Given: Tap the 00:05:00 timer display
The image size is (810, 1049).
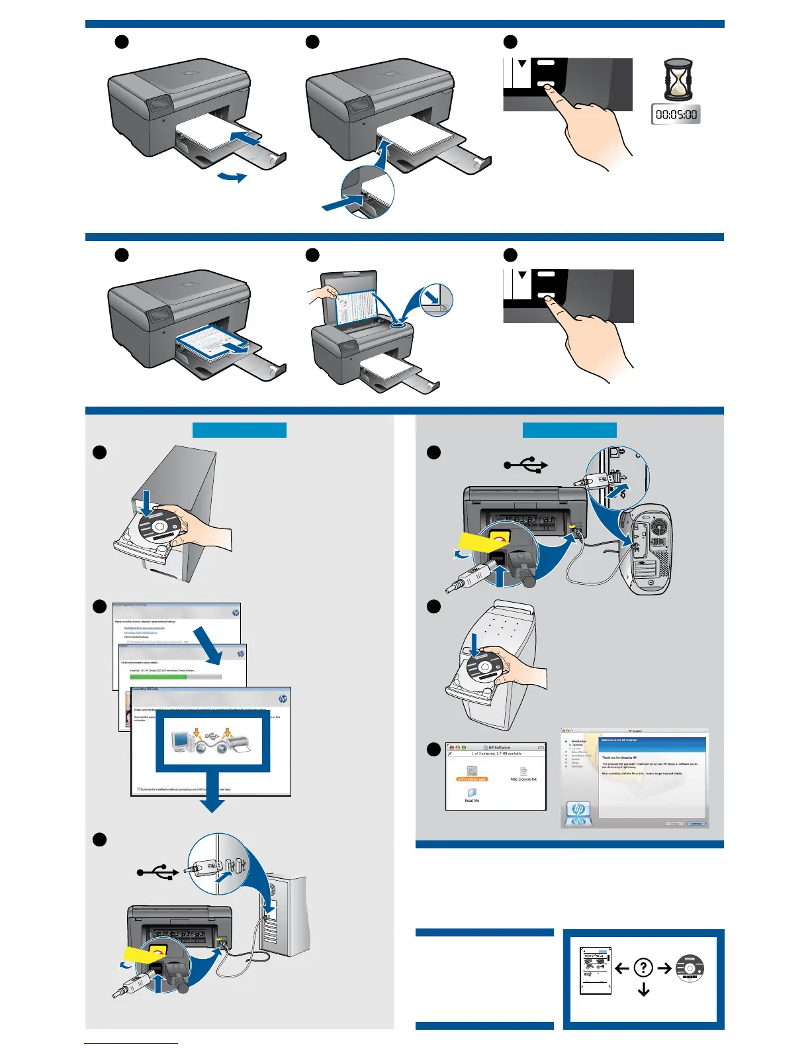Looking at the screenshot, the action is click(676, 115).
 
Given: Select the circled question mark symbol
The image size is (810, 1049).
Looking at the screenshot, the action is click(643, 968).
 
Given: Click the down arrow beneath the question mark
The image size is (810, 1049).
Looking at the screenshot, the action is click(643, 989).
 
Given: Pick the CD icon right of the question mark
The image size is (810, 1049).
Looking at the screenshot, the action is click(690, 968).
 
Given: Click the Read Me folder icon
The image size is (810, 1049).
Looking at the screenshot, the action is click(472, 793).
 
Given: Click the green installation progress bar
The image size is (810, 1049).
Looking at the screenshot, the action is click(159, 677).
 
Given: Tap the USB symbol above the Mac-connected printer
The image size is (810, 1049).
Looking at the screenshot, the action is click(526, 466).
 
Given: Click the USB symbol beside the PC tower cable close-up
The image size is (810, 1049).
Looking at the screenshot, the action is click(157, 873).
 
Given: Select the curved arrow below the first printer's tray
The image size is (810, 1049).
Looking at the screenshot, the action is click(232, 177).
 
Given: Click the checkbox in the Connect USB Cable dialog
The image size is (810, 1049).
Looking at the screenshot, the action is click(139, 789).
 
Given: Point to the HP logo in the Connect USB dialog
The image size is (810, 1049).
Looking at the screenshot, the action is click(283, 699).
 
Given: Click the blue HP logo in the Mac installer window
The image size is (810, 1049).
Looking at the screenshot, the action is click(578, 809).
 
